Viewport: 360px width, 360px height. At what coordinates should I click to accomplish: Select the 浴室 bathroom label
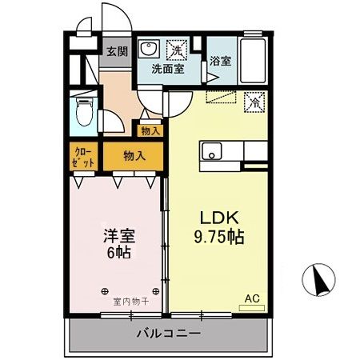click(220, 60)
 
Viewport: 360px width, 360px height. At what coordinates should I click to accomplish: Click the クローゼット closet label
click(84, 156)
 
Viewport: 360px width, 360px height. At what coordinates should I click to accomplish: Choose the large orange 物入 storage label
click(134, 156)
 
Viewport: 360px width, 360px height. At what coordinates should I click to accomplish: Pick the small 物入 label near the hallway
click(150, 130)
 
